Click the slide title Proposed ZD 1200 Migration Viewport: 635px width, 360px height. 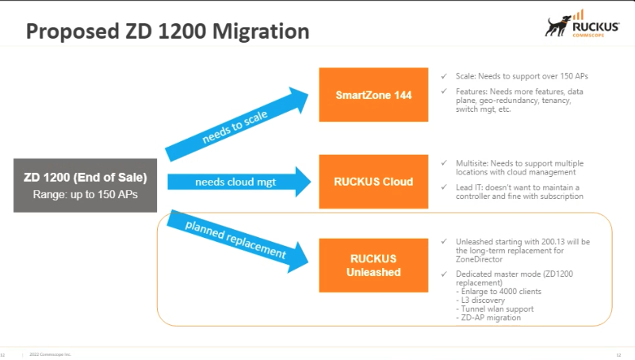(x=167, y=32)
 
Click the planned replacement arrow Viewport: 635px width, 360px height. (x=236, y=239)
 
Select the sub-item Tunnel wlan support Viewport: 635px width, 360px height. (x=492, y=309)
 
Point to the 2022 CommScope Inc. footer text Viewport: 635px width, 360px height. (x=51, y=354)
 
